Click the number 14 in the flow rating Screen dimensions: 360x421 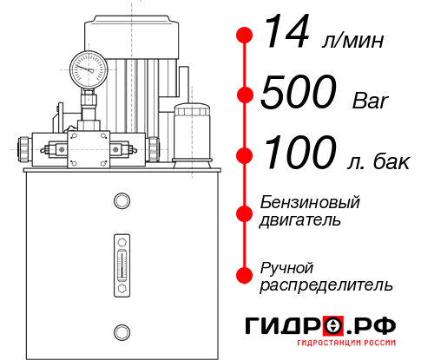point(285,34)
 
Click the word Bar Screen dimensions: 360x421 point(372,101)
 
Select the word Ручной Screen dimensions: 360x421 point(286,266)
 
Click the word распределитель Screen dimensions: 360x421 point(326,284)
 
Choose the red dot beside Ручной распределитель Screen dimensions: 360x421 point(245,274)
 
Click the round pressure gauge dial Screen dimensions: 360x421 point(89,65)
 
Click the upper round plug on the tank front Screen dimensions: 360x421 point(121,202)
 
